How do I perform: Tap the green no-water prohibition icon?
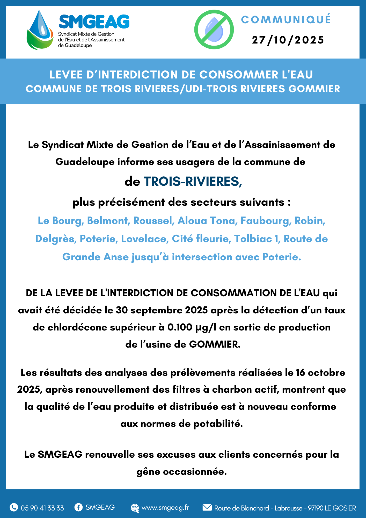click(x=214, y=30)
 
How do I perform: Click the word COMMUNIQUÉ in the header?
click(x=286, y=20)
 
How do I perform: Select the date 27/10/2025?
click(x=288, y=40)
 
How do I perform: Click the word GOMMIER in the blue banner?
click(x=314, y=89)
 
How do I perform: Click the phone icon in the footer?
click(x=14, y=507)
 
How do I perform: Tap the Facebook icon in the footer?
click(x=78, y=507)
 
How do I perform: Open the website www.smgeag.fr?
click(x=165, y=508)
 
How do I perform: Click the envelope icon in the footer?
click(x=207, y=507)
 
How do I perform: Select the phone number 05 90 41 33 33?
click(x=42, y=508)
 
